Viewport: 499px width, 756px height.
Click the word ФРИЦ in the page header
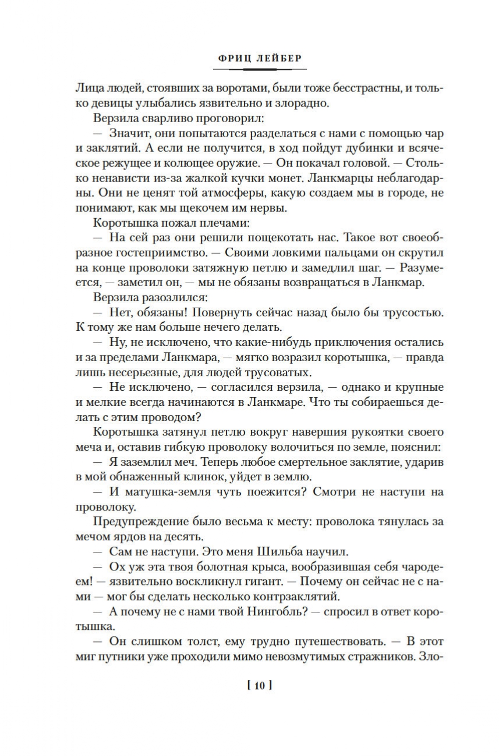(229, 59)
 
